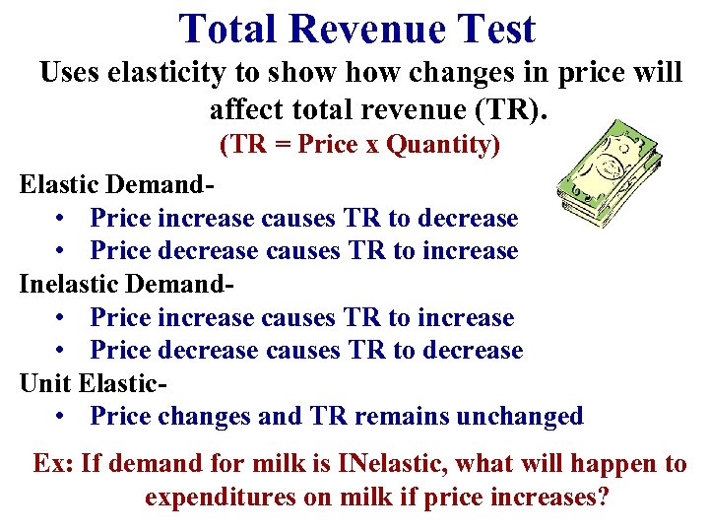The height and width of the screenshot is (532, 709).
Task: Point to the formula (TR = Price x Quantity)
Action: tap(359, 146)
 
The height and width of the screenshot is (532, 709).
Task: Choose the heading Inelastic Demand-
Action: tap(128, 284)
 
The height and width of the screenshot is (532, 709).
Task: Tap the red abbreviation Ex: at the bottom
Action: tap(52, 464)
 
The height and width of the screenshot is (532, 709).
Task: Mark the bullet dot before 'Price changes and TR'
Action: tap(62, 417)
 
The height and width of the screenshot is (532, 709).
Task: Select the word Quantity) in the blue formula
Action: tap(444, 146)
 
